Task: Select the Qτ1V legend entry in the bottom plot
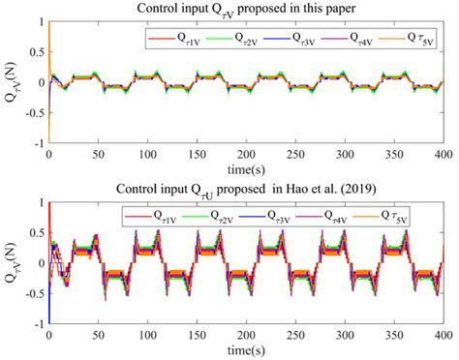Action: pos(155,218)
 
